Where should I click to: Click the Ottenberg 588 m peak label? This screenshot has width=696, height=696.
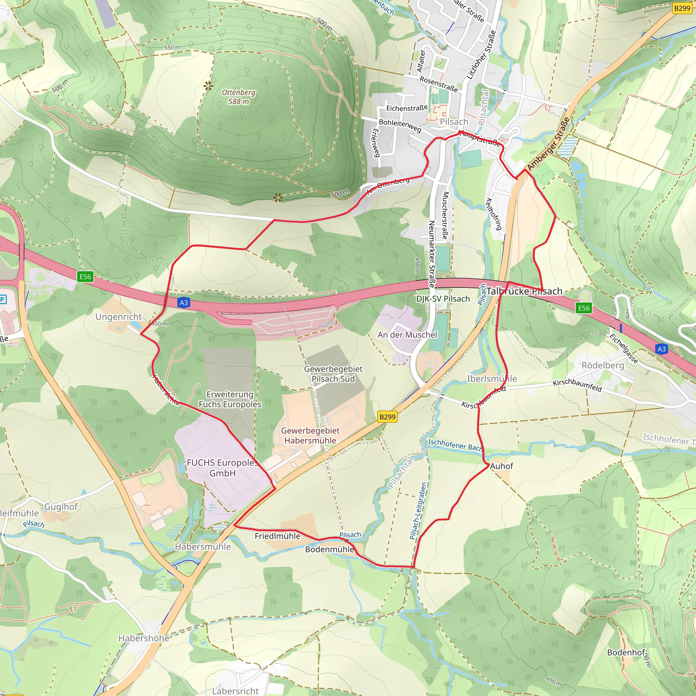(238, 97)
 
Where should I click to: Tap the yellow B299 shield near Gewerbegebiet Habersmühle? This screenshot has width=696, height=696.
(387, 417)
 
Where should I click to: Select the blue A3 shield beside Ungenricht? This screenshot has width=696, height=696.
(184, 302)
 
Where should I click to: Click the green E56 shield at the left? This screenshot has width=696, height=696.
(85, 277)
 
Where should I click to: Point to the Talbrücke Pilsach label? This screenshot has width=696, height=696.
(524, 292)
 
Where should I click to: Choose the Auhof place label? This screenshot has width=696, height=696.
(501, 466)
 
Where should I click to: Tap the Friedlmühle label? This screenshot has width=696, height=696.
(277, 536)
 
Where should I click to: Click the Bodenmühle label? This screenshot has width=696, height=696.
(330, 550)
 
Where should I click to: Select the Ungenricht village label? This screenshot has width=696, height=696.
(119, 317)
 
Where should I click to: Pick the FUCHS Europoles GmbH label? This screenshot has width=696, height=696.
(223, 468)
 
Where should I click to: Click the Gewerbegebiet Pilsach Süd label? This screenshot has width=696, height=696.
(333, 374)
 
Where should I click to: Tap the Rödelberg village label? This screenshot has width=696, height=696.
(603, 365)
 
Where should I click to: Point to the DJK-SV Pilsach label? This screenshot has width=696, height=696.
(443, 299)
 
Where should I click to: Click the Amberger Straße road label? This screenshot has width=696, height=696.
(548, 144)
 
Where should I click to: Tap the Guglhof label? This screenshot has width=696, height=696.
(61, 507)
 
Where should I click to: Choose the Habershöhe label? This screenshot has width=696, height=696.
(144, 638)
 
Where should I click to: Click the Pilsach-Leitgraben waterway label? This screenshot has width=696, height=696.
(418, 511)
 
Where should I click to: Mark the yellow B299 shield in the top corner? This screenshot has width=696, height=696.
(682, 8)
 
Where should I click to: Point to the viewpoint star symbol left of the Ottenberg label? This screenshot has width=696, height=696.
(208, 86)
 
